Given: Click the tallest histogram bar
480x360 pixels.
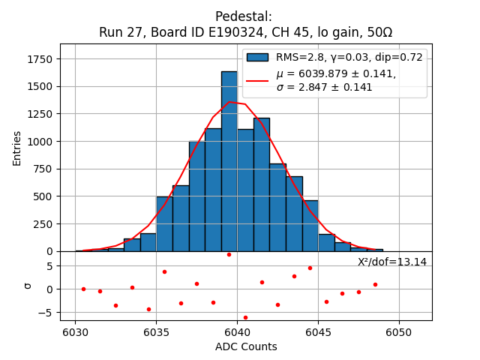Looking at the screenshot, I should coord(229,161).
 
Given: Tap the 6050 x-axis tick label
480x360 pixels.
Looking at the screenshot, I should coord(399,331).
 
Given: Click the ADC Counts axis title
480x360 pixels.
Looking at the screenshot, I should coord(246,346).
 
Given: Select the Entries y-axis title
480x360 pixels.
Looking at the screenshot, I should coord(17,147).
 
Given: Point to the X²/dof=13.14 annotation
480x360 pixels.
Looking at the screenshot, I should coord(391,262).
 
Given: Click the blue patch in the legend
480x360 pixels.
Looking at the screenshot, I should coord(258,58).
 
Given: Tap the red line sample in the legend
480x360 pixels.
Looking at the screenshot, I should coord(258,80).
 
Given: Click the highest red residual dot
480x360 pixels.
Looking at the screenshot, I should coord(229,254).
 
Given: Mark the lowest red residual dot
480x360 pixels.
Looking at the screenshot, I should coord(245,317).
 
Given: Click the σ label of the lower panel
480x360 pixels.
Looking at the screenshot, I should coord(28,286).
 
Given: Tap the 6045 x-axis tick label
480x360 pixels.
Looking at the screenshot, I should coord(318,331).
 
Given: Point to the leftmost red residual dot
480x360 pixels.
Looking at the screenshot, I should coord(83,289).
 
